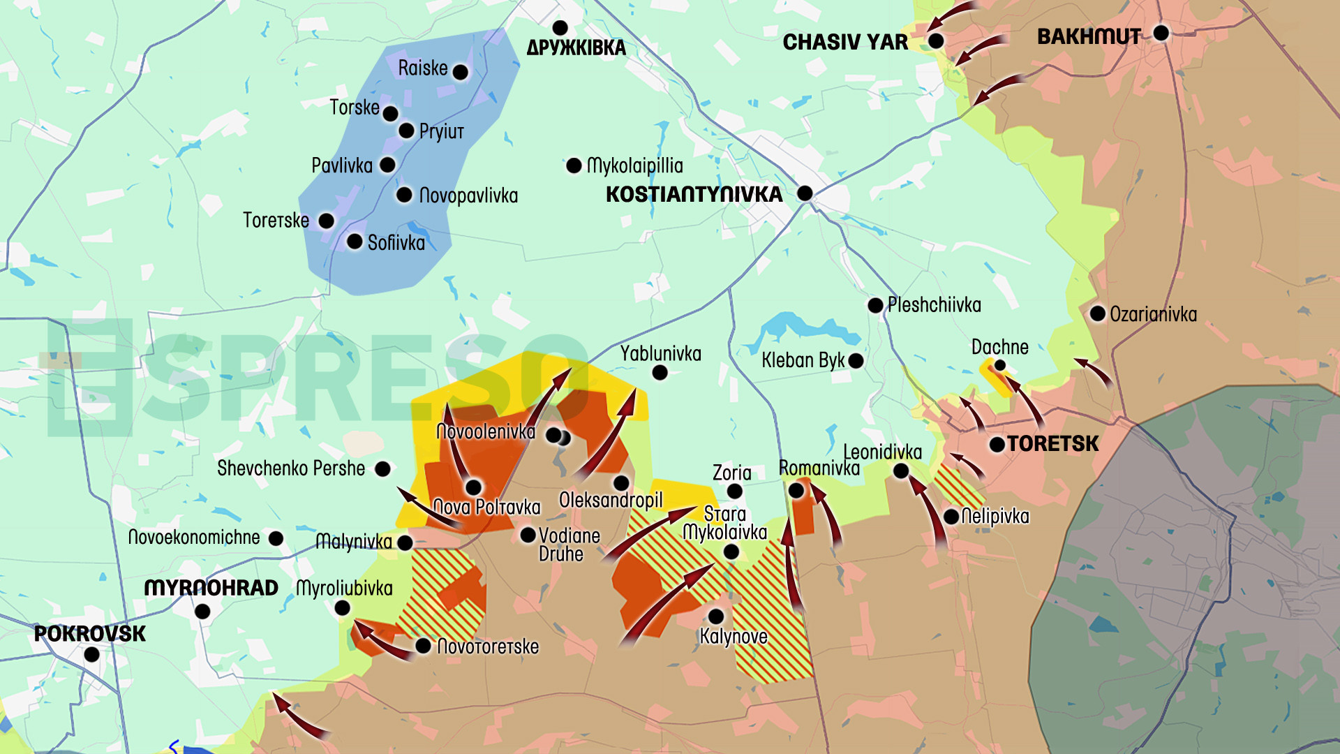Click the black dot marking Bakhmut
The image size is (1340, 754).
click(1161, 33)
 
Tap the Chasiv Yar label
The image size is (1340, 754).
click(845, 43)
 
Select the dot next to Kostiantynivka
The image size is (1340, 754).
click(805, 193)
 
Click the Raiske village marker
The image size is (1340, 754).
click(460, 72)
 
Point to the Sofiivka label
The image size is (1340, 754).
click(396, 243)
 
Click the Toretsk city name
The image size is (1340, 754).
click(1052, 444)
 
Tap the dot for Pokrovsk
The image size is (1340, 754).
click(91, 655)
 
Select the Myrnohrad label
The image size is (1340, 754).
click(211, 589)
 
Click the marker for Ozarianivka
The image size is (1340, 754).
click(1097, 313)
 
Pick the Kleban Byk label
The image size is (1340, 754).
click(803, 361)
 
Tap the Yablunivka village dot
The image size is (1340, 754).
click(660, 373)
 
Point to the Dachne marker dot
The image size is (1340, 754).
click(999, 365)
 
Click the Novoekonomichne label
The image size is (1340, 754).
click(194, 538)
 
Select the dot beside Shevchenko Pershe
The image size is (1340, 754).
click(382, 469)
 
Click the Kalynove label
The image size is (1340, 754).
click(733, 637)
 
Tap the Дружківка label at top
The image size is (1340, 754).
click(576, 48)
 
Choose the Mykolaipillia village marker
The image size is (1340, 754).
click(574, 166)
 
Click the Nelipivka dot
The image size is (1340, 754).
click(951, 517)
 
